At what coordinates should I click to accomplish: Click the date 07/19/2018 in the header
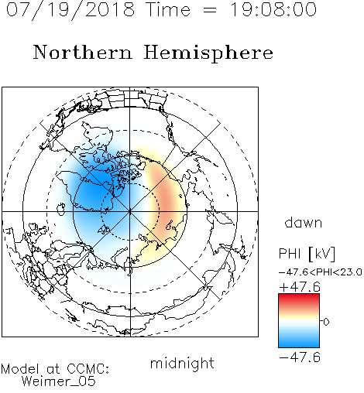tap(70, 10)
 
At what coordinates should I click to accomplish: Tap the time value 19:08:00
tap(273, 10)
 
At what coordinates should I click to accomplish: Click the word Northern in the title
tap(82, 53)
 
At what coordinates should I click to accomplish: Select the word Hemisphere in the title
tap(208, 53)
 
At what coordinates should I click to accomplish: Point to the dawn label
tap(304, 222)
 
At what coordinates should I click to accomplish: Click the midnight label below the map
tap(182, 364)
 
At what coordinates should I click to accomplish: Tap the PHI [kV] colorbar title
tap(307, 253)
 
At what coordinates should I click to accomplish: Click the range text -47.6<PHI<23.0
tap(321, 272)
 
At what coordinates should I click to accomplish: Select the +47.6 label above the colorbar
tap(300, 287)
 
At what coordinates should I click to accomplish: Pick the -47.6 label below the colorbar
tap(300, 357)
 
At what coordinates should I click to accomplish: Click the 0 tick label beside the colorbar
tap(326, 322)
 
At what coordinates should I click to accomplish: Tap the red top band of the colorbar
tap(299, 299)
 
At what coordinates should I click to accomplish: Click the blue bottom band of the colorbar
tap(299, 342)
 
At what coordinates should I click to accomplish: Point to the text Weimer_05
tap(59, 381)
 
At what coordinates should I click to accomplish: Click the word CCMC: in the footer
tap(88, 369)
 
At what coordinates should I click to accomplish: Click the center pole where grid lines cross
tap(130, 211)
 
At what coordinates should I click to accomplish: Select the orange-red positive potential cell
tap(165, 199)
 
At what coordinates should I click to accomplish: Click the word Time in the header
tap(168, 10)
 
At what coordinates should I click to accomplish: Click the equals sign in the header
tap(210, 10)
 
